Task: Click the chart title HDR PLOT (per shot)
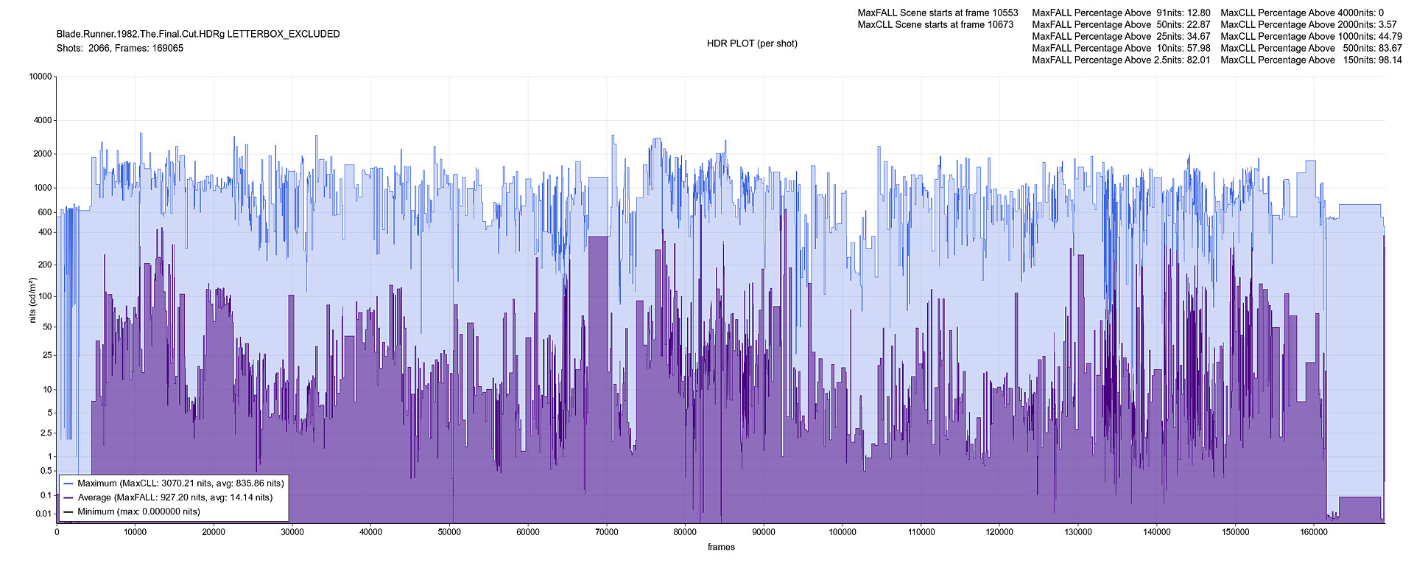tap(752, 43)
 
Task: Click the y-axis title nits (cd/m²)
tap(32, 301)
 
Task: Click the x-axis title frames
tap(721, 547)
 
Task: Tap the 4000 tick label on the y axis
tap(43, 120)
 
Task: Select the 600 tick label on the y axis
tap(45, 212)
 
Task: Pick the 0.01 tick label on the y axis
tap(43, 514)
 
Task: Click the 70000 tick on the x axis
tap(606, 531)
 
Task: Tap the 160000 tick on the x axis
tap(1314, 531)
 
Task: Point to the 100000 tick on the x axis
tap(843, 531)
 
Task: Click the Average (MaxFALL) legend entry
tap(175, 497)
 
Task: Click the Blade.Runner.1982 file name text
tap(198, 34)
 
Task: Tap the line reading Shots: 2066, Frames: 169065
tap(120, 49)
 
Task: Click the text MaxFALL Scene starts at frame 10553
tap(938, 13)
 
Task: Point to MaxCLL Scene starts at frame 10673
tap(935, 24)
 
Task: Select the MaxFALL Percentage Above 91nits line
tap(1121, 13)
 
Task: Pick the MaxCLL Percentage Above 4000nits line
tap(1302, 13)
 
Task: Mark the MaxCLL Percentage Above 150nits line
tap(1311, 60)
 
